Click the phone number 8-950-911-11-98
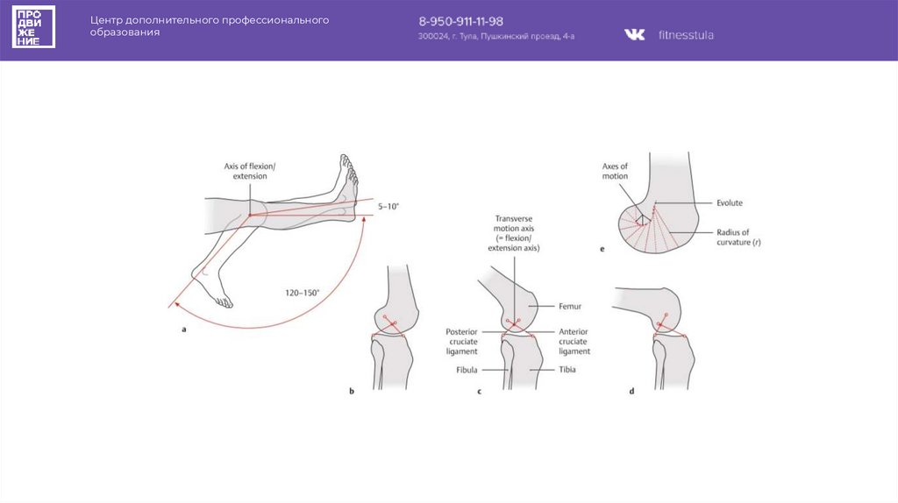tap(460, 20)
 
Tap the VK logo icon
tap(634, 35)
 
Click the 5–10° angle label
tap(388, 205)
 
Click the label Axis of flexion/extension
tap(250, 171)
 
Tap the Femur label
tap(570, 307)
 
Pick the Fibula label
tap(467, 370)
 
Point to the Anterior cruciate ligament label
tap(574, 341)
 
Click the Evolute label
tap(730, 202)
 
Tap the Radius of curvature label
tap(738, 237)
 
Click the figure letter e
tap(602, 249)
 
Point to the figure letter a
tap(184, 329)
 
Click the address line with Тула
tap(496, 37)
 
